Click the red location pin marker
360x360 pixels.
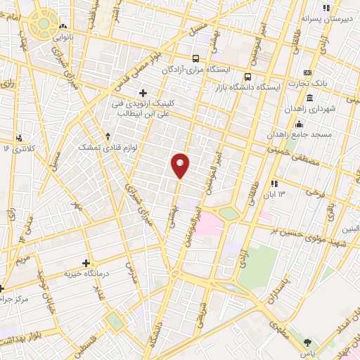181,165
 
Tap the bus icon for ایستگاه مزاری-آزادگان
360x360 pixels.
197,59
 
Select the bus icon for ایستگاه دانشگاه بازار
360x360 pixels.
247,77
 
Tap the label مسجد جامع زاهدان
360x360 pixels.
304,134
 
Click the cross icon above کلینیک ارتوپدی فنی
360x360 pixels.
143,92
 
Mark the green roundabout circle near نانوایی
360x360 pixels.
44,23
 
